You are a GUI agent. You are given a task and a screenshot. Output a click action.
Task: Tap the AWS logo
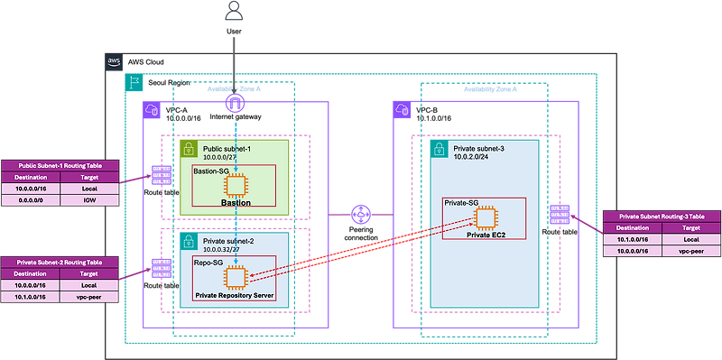tap(115, 60)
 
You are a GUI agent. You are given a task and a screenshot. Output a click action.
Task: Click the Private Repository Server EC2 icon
tap(235, 277)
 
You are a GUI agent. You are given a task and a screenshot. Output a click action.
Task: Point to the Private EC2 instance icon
tap(487, 217)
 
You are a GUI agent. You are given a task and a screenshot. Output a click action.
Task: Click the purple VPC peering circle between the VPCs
tap(361, 215)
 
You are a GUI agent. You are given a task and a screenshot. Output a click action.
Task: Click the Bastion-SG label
tap(212, 171)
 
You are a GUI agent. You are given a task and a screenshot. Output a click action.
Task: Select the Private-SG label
tap(462, 203)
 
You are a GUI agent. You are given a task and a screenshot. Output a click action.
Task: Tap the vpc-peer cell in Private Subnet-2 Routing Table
tap(90, 297)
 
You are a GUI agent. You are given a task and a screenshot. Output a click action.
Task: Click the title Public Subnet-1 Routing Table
tap(60, 166)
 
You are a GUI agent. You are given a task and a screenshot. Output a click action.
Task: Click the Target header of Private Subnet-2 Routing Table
tap(90, 272)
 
